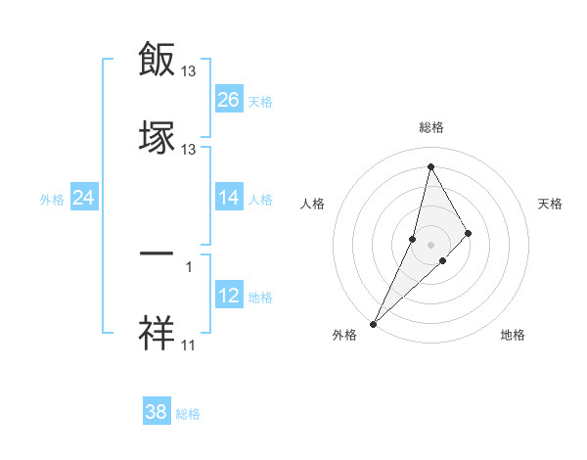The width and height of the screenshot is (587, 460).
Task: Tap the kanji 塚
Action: tap(158, 136)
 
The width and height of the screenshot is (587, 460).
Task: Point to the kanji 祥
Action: tap(158, 332)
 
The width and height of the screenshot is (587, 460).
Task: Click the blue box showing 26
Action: tap(229, 100)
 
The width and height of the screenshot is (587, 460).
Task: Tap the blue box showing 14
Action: tap(229, 198)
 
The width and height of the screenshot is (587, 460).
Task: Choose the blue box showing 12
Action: tap(229, 296)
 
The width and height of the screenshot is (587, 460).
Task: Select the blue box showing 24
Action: tap(84, 198)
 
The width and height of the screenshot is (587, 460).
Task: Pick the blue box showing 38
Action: tap(157, 412)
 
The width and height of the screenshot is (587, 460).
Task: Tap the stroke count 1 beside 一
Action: tap(189, 266)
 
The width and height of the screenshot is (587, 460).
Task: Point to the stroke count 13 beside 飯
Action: tap(189, 71)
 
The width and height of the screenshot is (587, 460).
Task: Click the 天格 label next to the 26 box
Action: tap(260, 102)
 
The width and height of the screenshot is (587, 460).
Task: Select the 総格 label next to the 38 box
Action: tap(188, 414)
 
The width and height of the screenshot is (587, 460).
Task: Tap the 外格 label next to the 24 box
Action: tap(52, 200)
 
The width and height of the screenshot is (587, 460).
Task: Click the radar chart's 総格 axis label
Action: tap(431, 127)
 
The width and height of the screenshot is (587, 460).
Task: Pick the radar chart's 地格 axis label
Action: tap(513, 335)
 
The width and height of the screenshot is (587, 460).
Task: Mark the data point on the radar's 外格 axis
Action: tap(373, 323)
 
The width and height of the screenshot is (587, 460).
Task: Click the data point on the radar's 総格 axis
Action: tap(430, 165)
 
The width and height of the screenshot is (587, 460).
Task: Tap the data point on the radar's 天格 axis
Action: tap(469, 233)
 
